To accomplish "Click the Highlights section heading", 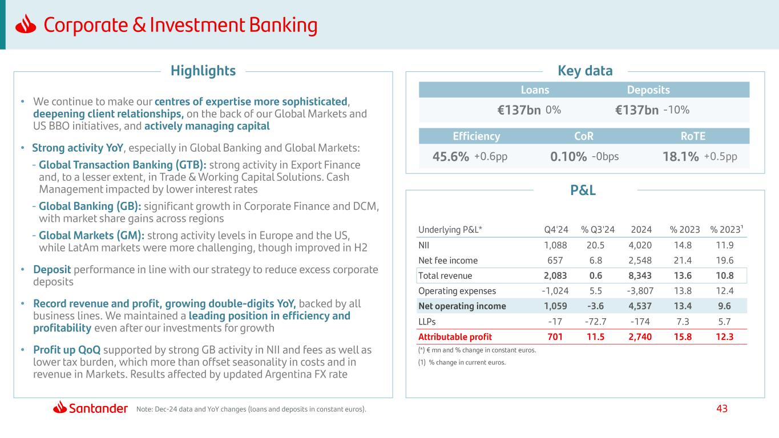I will point(203,71).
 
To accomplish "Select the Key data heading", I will point(584,71).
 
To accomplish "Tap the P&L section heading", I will point(584,190).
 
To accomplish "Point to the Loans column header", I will point(535,90).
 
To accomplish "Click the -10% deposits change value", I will point(677,110).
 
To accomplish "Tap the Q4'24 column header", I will point(556,229).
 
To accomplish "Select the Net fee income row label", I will point(448,261).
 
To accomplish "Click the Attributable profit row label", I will point(455,336).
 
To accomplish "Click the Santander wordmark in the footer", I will point(98,408).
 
